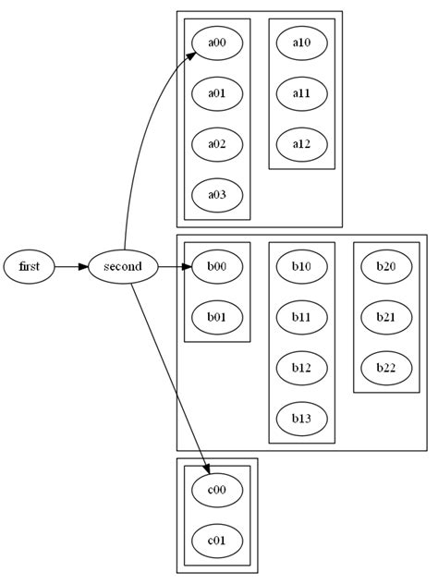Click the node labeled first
pyautogui.click(x=30, y=267)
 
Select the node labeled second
pyautogui.click(x=123, y=267)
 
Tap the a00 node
pyautogui.click(x=217, y=43)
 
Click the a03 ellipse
pyautogui.click(x=217, y=194)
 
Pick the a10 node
pyautogui.click(x=301, y=43)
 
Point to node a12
pyautogui.click(x=301, y=143)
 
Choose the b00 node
pyautogui.click(x=217, y=267)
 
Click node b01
pyautogui.click(x=217, y=317)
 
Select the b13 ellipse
pyautogui.click(x=301, y=418)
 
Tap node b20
pyautogui.click(x=386, y=267)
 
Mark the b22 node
pyautogui.click(x=386, y=368)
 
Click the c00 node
pyautogui.click(x=217, y=491)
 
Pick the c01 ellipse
pyautogui.click(x=217, y=541)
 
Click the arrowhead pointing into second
pyautogui.click(x=83, y=267)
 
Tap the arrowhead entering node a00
pyautogui.click(x=190, y=57)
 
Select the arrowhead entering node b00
pyautogui.click(x=186, y=267)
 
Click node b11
pyautogui.click(x=301, y=317)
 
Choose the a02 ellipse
pyautogui.click(x=217, y=143)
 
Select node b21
pyautogui.click(x=386, y=317)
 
